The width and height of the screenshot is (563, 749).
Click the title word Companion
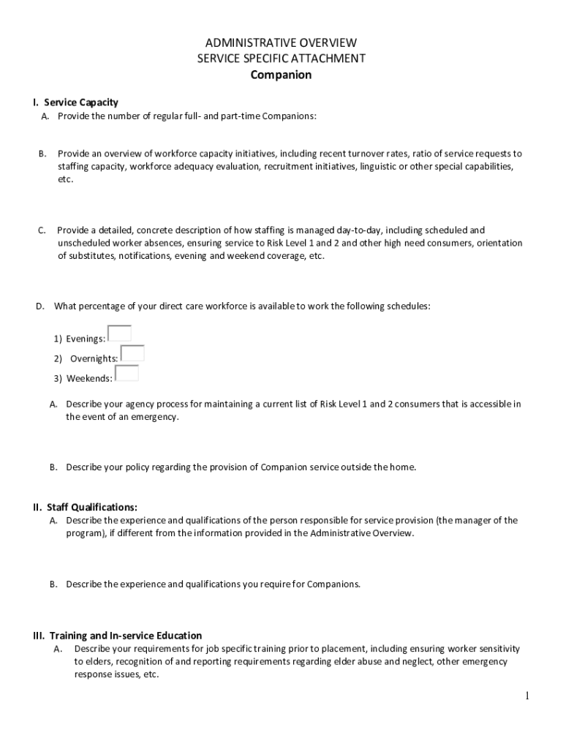click(x=281, y=75)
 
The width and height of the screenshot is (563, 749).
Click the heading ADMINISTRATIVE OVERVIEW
click(x=281, y=43)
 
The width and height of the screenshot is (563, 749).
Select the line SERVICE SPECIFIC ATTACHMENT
click(x=281, y=59)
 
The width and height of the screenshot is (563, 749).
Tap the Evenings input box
click(x=119, y=334)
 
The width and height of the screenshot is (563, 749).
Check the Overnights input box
click(x=132, y=353)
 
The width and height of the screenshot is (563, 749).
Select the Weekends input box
click(x=126, y=373)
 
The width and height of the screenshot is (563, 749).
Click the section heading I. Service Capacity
click(x=75, y=102)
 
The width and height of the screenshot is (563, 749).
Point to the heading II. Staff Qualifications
click(x=85, y=507)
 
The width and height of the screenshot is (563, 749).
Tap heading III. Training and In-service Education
click(x=117, y=636)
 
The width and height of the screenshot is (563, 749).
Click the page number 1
click(x=526, y=696)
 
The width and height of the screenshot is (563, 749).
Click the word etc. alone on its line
click(x=66, y=180)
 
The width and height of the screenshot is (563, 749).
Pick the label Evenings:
click(x=86, y=339)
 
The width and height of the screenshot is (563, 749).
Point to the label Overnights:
click(x=94, y=358)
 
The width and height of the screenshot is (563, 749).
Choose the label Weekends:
click(x=89, y=378)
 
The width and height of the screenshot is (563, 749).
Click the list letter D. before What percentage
click(x=41, y=306)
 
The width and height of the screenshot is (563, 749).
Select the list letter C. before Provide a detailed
click(x=42, y=230)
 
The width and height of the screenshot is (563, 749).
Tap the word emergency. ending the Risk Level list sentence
click(x=154, y=417)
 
